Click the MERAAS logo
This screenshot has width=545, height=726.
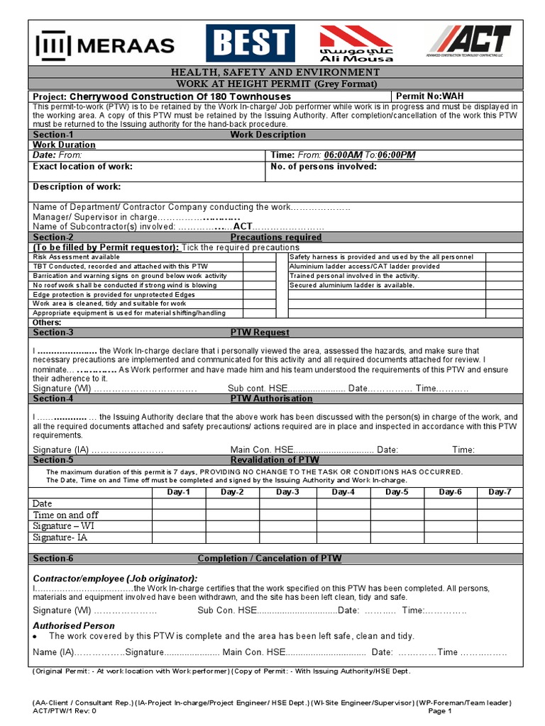(x=104, y=45)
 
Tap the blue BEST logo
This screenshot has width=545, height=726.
(x=251, y=43)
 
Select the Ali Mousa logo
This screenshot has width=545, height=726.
(x=355, y=43)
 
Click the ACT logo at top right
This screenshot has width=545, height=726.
(x=471, y=43)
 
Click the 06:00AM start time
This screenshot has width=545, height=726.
(x=343, y=155)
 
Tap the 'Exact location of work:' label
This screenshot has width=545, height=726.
(x=83, y=167)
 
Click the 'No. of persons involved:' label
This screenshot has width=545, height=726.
(x=324, y=167)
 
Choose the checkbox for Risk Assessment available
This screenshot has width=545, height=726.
(x=259, y=257)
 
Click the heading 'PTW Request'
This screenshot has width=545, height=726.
(x=260, y=333)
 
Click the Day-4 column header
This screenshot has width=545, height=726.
(x=343, y=492)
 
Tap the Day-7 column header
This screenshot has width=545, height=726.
(x=500, y=492)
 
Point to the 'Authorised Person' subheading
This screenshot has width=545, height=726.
(x=74, y=625)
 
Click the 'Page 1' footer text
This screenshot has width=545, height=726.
(x=441, y=710)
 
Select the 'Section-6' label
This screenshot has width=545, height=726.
(x=53, y=559)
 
